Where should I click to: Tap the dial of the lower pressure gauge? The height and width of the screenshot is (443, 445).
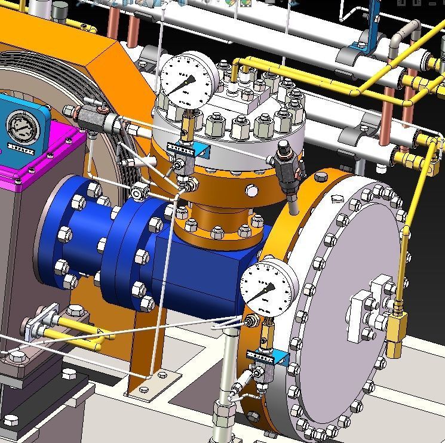point(268,285)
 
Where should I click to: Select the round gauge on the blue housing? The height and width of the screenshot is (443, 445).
point(22,127)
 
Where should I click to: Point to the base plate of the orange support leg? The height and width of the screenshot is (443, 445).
point(152,383)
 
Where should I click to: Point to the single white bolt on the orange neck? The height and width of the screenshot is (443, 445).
point(251,190)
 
